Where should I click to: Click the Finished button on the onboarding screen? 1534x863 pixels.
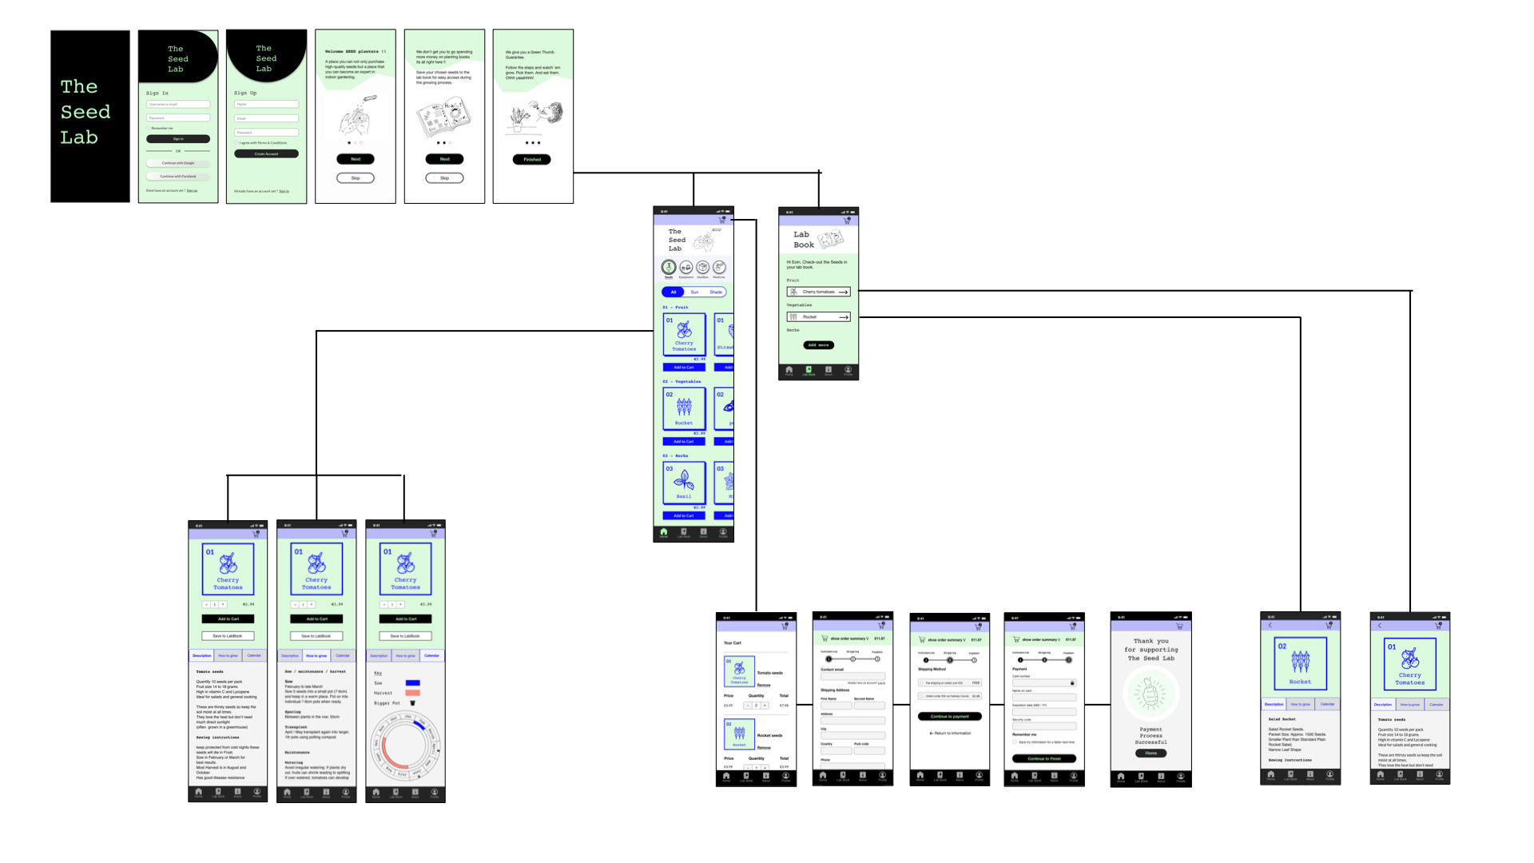click(x=532, y=160)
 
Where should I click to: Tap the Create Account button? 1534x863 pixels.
click(x=266, y=153)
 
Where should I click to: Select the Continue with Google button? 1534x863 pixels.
click(x=178, y=163)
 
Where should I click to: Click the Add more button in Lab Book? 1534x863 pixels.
click(x=818, y=345)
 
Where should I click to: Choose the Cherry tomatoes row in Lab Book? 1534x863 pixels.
click(x=818, y=292)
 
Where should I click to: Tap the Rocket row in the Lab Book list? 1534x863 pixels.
click(x=818, y=317)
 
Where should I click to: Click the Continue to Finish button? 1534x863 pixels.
click(x=1044, y=758)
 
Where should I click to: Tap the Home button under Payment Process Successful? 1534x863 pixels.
click(x=1150, y=753)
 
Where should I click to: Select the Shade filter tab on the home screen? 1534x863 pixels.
click(x=716, y=292)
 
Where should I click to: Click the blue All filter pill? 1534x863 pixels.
click(x=674, y=292)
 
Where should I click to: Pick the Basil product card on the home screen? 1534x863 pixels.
click(x=684, y=483)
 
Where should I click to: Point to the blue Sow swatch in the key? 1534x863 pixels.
click(x=412, y=683)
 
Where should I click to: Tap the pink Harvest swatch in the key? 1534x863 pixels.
click(x=412, y=693)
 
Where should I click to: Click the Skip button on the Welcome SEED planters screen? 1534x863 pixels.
click(x=356, y=178)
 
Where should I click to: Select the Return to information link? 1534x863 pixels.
click(x=950, y=734)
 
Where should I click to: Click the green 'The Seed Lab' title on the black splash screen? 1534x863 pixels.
click(x=85, y=112)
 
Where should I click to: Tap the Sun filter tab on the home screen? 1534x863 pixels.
click(x=694, y=292)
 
